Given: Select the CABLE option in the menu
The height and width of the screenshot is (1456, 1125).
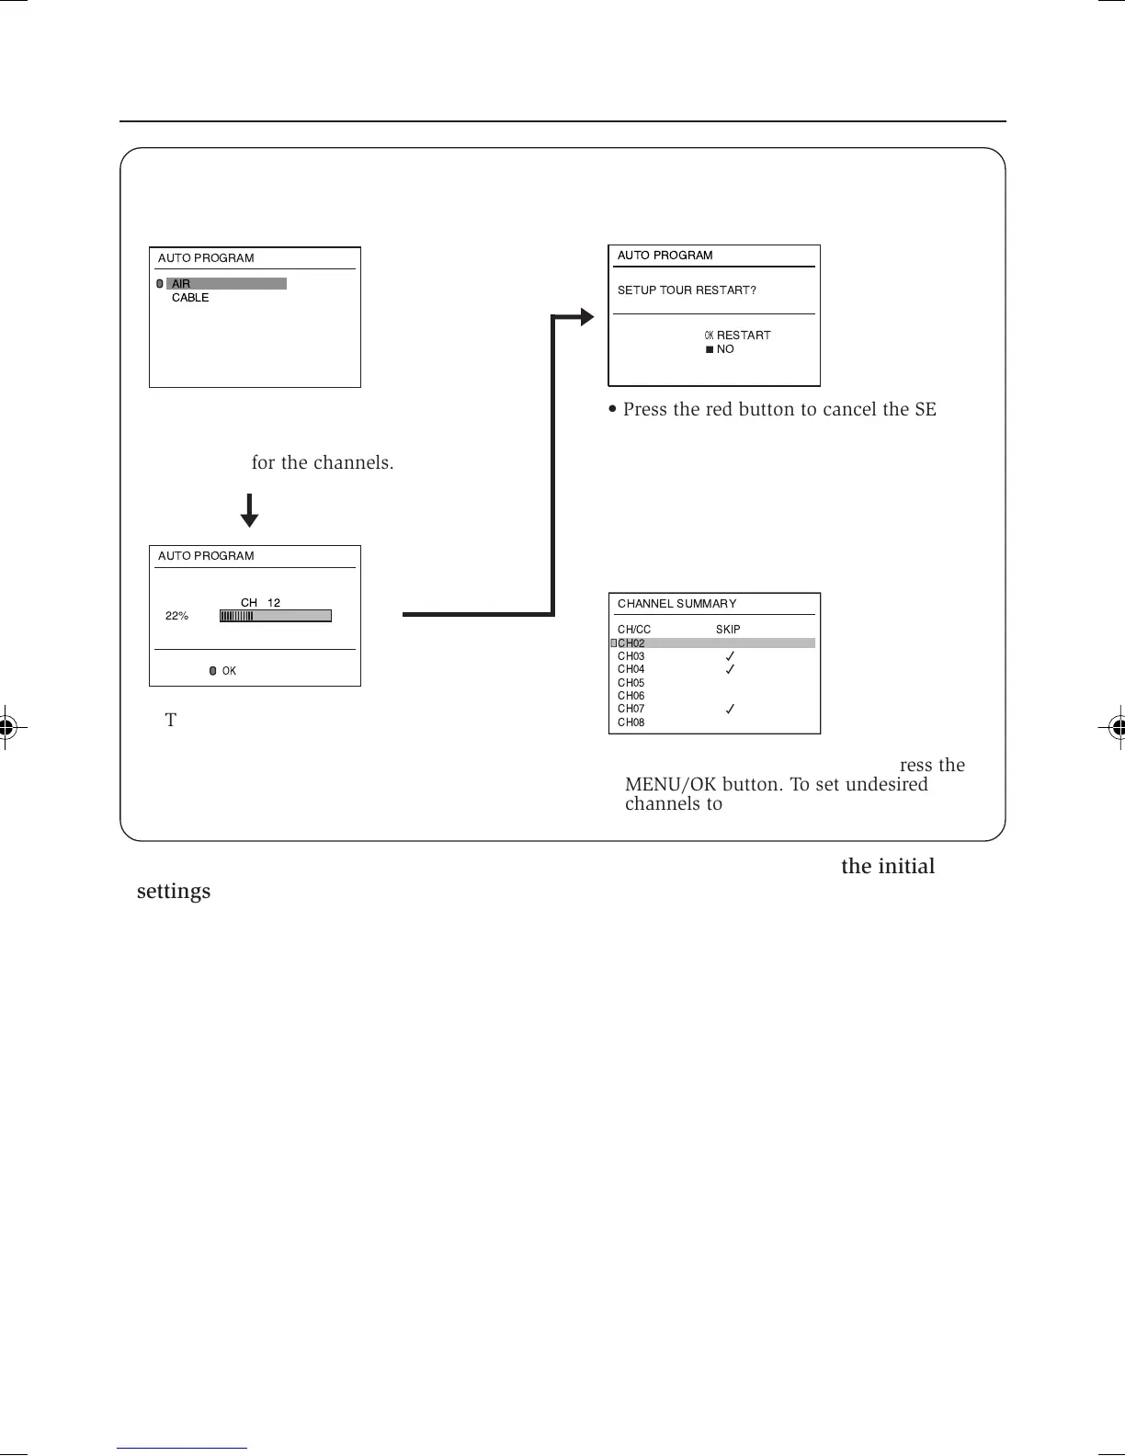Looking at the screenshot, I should tap(190, 298).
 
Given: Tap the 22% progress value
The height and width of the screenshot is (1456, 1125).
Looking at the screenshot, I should tap(176, 616).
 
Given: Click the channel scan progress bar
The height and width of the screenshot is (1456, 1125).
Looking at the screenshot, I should tap(275, 616).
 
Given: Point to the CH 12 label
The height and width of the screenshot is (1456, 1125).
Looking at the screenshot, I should tap(260, 603).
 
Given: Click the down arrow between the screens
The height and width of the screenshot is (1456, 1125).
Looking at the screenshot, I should tap(249, 511).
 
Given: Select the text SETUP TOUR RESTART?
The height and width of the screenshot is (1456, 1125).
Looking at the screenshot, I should tap(687, 290).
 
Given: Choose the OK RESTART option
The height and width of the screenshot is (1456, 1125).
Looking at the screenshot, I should tap(738, 336).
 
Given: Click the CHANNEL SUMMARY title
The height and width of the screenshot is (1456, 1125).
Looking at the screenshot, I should tap(676, 604).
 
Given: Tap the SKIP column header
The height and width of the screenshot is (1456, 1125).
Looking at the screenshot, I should tap(728, 630).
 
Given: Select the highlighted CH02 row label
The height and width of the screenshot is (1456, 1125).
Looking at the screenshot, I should tap(631, 643).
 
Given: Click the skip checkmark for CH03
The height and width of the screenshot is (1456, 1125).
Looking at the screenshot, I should tap(730, 656).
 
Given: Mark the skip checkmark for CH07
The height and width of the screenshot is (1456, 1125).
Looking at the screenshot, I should tap(730, 709).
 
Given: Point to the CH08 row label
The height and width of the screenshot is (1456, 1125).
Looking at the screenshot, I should tap(631, 722).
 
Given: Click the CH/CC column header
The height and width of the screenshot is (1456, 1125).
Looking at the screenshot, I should tap(634, 630).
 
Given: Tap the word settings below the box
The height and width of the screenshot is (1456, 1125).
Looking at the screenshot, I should tap(174, 892).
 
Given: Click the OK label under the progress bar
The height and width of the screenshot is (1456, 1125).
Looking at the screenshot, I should tap(228, 671).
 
